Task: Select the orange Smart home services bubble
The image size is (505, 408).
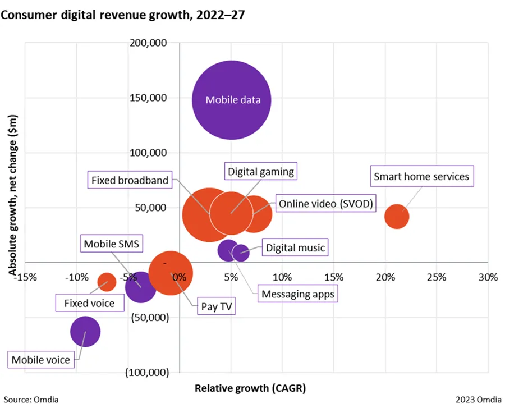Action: pos(397,217)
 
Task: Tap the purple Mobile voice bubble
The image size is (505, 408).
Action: pos(85,331)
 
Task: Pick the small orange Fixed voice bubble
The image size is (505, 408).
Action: pos(107,282)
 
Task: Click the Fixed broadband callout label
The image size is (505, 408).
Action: pos(130,180)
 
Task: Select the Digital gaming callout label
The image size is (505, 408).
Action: pos(261,171)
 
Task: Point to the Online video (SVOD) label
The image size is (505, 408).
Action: pos(326,203)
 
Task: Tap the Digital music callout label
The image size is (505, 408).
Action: pos(295,247)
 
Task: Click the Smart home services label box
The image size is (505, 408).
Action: pos(421,176)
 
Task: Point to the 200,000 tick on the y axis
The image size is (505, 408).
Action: pos(152,43)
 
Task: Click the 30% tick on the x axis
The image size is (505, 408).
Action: pos(488,277)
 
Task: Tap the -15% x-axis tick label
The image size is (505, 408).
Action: pos(27,277)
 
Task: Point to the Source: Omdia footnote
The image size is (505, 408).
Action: pos(33,400)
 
